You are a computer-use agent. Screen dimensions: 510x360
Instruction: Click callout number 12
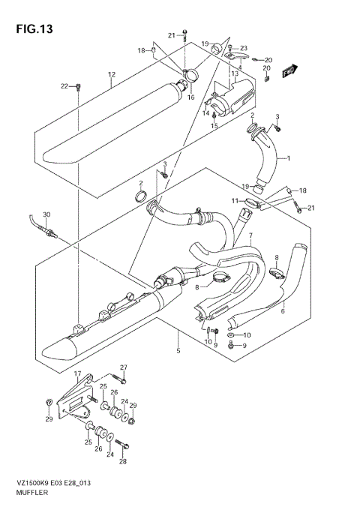[x=110, y=74]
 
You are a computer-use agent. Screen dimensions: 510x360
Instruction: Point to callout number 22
[x=64, y=87]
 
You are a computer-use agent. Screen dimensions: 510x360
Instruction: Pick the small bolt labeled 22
[x=78, y=88]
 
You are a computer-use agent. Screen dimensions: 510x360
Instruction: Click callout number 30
[x=46, y=214]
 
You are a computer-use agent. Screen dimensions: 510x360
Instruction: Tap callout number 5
[x=178, y=350]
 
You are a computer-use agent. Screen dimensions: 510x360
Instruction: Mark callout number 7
[x=251, y=236]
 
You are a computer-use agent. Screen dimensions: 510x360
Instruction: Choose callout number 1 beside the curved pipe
[x=287, y=158]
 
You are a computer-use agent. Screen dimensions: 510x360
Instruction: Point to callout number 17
[x=77, y=373]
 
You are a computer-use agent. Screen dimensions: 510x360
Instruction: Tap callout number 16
[x=190, y=97]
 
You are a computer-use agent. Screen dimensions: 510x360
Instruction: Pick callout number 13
[x=234, y=73]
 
